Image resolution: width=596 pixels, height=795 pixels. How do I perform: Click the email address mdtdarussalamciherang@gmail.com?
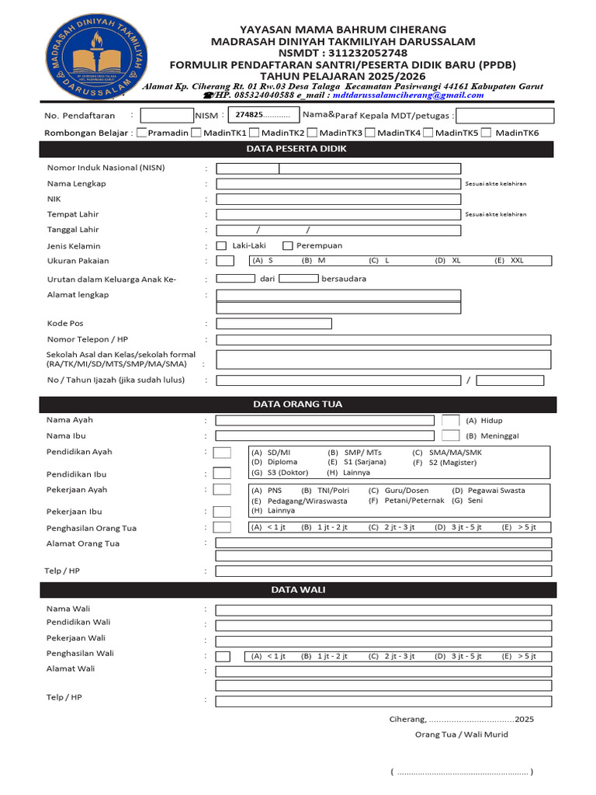(397, 95)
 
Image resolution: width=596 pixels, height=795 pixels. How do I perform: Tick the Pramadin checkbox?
(141, 133)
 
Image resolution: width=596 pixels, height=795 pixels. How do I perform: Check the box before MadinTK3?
(312, 133)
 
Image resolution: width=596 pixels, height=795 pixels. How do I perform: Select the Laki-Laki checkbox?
(221, 245)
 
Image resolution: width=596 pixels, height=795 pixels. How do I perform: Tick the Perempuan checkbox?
(288, 245)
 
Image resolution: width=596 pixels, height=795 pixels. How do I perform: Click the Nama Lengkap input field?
(338, 184)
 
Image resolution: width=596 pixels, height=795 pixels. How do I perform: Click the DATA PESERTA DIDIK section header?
(297, 149)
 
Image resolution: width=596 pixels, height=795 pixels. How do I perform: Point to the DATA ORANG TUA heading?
(297, 404)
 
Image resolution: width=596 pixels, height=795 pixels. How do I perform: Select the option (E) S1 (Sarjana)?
(356, 462)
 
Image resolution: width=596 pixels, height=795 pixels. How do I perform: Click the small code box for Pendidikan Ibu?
(222, 474)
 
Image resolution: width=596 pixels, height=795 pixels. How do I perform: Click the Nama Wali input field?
(383, 610)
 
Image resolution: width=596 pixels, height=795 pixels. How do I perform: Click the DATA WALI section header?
(297, 590)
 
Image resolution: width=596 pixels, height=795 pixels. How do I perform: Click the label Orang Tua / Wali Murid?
(461, 734)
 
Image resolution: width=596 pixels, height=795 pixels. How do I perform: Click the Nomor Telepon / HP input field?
(383, 340)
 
